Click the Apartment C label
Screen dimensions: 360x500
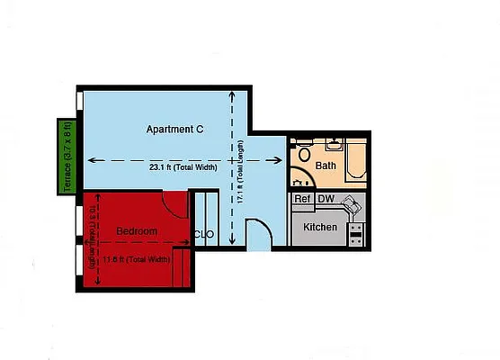174,130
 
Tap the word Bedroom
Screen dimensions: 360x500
137,231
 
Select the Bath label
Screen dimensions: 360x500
326,166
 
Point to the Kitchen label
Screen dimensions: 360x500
320,227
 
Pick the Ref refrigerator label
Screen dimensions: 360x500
303,199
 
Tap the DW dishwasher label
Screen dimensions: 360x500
326,199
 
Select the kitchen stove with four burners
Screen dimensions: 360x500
356,234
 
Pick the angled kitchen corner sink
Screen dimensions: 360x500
354,206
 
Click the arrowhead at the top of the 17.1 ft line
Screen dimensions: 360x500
233,94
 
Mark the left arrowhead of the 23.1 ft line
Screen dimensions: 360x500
87,160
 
